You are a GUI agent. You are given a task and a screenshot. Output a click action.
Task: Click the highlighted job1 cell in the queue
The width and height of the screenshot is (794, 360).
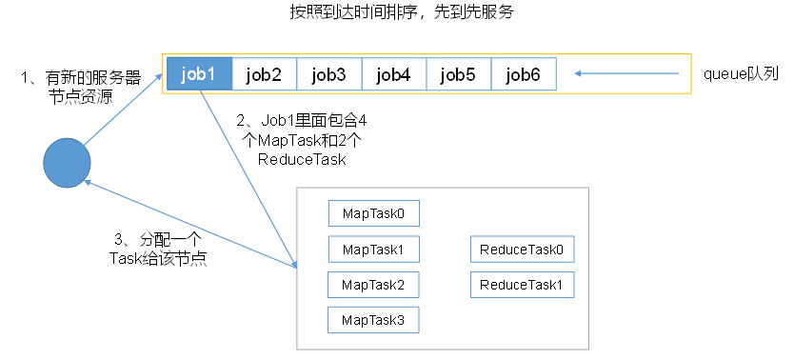click(x=199, y=74)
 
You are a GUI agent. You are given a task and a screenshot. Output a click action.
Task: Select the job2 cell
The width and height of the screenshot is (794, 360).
click(x=264, y=74)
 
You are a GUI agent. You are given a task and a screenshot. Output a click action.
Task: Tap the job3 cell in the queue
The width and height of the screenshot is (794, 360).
click(x=328, y=74)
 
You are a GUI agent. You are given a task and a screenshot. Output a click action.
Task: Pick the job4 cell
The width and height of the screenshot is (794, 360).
click(x=393, y=74)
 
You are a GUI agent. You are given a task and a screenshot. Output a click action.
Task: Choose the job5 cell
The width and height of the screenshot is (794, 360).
click(x=458, y=74)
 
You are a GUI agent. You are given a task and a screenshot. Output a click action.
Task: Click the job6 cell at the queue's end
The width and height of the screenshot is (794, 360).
click(x=523, y=74)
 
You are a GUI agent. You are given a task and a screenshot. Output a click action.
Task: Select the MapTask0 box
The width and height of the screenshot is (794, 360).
click(x=373, y=213)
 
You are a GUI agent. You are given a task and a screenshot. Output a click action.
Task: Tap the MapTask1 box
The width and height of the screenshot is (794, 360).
click(x=373, y=250)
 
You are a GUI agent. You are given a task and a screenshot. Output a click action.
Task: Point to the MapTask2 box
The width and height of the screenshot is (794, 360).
click(x=373, y=285)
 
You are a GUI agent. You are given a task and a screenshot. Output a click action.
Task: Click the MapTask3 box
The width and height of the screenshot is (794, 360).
click(x=373, y=320)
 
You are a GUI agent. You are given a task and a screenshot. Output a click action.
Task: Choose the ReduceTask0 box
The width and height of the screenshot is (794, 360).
click(x=522, y=250)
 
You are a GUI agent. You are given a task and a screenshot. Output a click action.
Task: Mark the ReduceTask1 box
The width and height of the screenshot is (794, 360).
click(x=522, y=285)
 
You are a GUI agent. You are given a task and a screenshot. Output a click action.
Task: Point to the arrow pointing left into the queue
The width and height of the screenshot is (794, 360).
click(x=628, y=73)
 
